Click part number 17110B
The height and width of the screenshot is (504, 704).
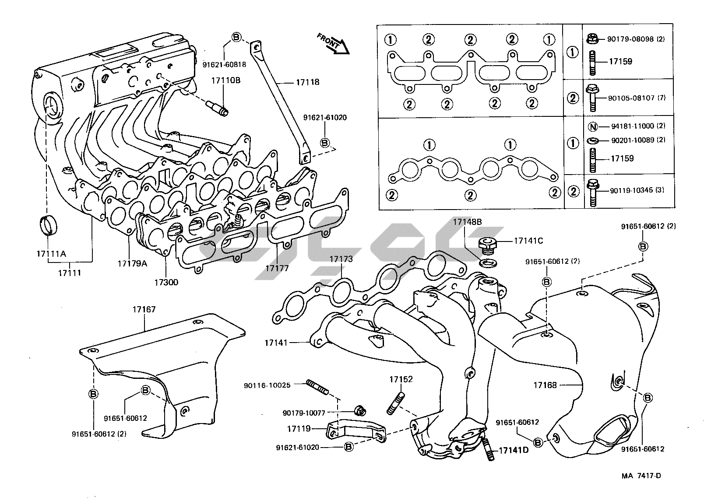click(226, 80)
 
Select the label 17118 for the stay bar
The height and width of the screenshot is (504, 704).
click(307, 82)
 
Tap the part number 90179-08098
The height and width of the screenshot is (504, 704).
click(630, 39)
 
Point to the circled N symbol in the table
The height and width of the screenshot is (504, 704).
click(592, 127)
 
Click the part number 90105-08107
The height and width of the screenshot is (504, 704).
click(630, 98)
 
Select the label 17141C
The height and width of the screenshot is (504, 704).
click(528, 241)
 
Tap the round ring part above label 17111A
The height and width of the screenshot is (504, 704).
click(49, 225)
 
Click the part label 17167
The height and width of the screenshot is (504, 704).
click(144, 310)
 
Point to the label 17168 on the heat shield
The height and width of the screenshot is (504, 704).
click(545, 385)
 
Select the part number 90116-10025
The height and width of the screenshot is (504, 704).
click(267, 385)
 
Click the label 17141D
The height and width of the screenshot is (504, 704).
click(514, 450)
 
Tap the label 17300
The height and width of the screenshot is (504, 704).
click(166, 282)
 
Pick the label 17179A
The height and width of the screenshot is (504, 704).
click(132, 263)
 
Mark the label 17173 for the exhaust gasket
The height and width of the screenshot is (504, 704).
click(341, 259)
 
